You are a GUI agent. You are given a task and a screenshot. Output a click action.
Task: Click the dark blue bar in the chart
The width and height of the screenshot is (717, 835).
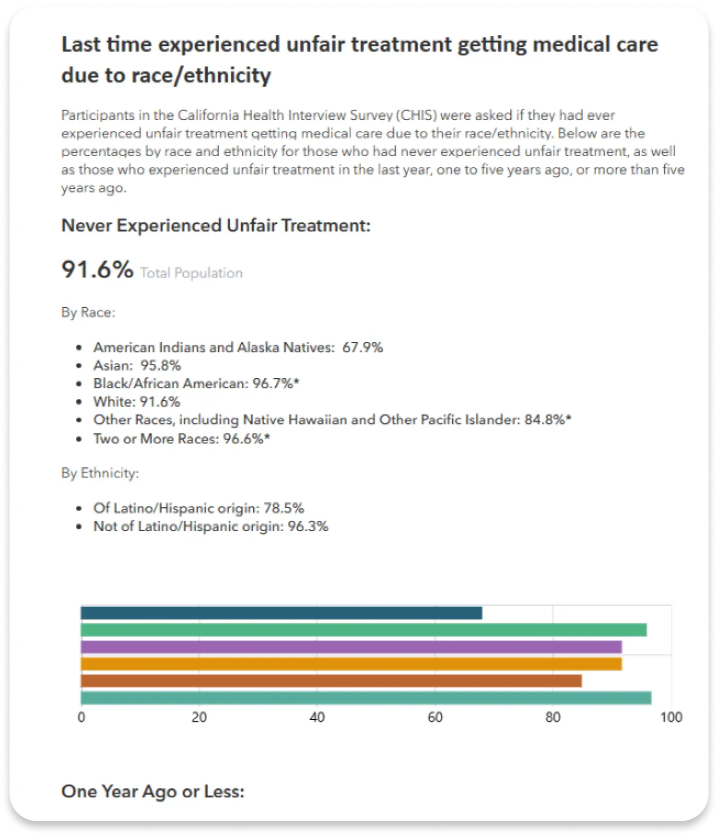(281, 613)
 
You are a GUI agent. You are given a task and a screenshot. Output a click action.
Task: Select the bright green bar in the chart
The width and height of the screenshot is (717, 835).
(363, 630)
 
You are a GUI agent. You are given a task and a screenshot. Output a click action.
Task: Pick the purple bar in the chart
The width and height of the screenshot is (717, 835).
(351, 647)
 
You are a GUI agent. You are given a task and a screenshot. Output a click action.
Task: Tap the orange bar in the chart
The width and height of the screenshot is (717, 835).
(351, 663)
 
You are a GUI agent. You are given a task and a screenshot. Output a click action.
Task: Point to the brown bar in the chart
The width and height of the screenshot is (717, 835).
(331, 681)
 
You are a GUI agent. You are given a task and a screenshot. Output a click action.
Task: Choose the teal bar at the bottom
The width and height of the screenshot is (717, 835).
(366, 698)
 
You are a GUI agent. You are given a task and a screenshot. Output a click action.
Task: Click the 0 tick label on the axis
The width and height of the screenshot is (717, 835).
(81, 717)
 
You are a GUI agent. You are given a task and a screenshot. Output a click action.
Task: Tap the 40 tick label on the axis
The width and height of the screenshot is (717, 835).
(317, 717)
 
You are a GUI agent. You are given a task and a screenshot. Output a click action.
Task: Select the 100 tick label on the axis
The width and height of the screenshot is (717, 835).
(671, 717)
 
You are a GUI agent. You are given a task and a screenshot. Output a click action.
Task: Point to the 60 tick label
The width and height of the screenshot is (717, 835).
(435, 717)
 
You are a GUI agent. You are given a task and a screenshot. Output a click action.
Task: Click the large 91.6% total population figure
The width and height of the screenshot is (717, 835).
(97, 269)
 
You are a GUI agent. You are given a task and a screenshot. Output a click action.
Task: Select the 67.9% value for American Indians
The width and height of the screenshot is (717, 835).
(363, 347)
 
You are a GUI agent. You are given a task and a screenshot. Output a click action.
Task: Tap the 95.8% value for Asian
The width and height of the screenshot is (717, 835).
(160, 365)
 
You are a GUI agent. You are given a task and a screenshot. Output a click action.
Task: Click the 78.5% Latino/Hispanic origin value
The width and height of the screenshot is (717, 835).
(284, 508)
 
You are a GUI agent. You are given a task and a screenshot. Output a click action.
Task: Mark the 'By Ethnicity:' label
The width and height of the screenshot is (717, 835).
(100, 473)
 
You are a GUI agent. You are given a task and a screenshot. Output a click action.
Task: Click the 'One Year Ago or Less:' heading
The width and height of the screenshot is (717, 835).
(153, 791)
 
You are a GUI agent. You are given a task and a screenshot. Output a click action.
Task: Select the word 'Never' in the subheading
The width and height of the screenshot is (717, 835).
(86, 225)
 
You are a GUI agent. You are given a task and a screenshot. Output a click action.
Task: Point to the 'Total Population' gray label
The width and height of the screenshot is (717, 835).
(191, 273)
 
